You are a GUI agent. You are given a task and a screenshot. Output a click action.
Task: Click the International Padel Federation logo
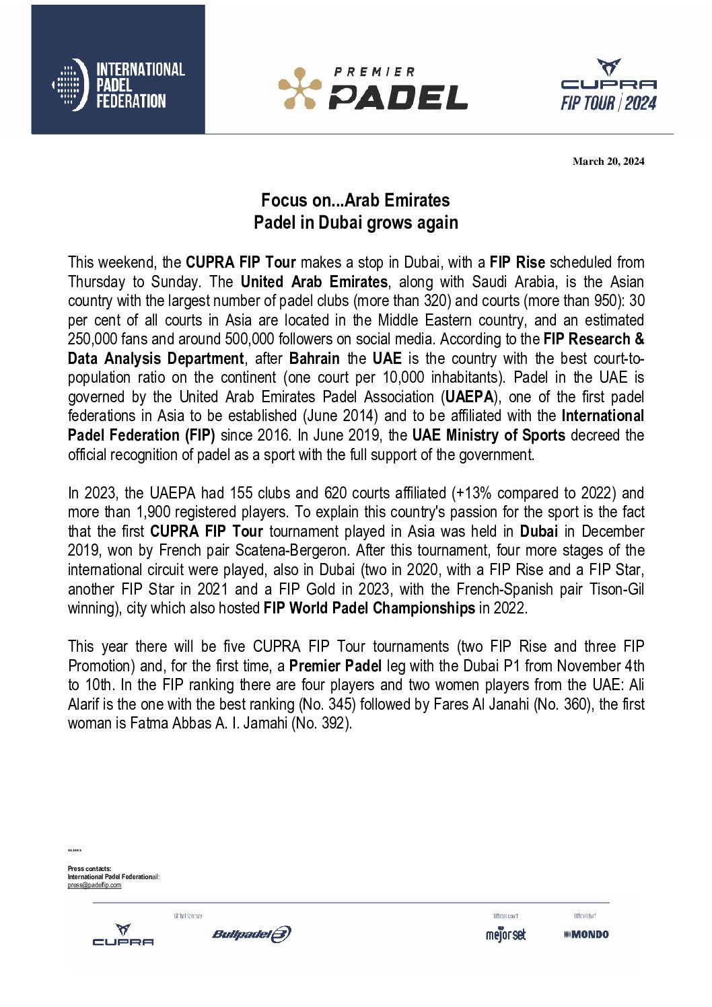[118, 85]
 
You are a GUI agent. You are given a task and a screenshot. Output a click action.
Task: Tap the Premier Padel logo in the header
[373, 88]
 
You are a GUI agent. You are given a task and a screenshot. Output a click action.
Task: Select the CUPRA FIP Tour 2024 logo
[608, 85]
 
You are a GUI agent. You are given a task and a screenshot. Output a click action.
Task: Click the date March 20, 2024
[608, 161]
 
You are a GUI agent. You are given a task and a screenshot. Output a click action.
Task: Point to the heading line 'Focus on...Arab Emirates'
[355, 200]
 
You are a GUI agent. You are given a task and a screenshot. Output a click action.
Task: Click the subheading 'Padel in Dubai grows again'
[355, 223]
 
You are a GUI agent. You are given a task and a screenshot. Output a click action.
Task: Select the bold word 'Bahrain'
[314, 359]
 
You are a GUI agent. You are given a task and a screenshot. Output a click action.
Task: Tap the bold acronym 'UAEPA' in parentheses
[470, 397]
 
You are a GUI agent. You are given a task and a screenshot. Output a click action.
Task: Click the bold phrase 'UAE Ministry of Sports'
[489, 435]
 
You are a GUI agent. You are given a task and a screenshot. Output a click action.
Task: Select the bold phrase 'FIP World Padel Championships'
[369, 608]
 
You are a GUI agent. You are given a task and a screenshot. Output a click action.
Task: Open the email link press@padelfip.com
[94, 885]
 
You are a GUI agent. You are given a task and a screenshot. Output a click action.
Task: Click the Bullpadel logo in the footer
[252, 934]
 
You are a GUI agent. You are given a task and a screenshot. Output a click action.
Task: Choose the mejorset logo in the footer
[505, 934]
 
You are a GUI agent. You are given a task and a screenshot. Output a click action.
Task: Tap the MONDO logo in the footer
[587, 934]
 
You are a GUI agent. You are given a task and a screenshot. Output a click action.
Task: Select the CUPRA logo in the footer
[123, 935]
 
